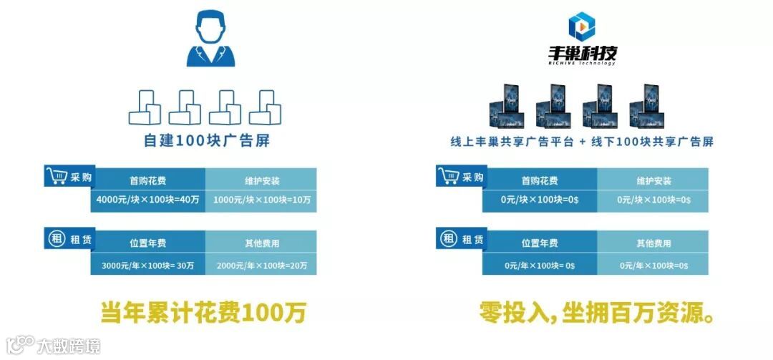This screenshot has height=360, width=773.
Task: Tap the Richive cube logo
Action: [580, 26]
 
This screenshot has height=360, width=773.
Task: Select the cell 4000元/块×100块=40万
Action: [148, 201]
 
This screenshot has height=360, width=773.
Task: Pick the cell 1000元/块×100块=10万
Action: [261, 201]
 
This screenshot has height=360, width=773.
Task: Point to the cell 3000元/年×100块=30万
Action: [148, 265]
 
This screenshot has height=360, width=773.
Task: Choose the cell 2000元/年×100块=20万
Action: [261, 265]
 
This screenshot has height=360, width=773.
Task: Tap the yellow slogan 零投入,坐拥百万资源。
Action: [598, 313]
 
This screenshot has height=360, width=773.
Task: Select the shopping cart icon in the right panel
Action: [448, 176]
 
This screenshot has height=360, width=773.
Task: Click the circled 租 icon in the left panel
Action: [56, 239]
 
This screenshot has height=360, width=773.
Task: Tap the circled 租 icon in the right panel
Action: [448, 239]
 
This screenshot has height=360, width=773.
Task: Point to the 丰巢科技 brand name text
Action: [580, 54]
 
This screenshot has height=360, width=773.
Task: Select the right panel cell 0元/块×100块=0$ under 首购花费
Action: [540, 201]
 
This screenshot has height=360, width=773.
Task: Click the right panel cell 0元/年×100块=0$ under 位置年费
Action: [540, 265]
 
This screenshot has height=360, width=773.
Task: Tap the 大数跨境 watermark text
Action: [68, 346]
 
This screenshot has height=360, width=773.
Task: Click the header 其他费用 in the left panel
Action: [261, 243]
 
